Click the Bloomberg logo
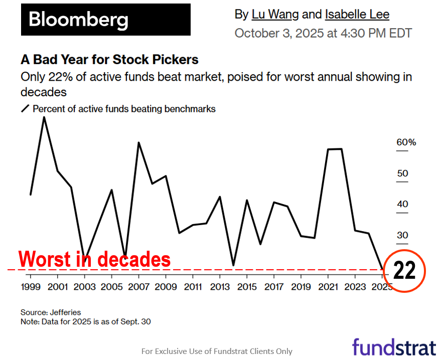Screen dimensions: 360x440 [105, 20]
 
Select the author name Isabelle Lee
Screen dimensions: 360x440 [357, 15]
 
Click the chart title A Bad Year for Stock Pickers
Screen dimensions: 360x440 [109, 60]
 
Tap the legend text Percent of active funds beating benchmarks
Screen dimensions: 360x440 [124, 109]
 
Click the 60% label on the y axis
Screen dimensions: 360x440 [406, 142]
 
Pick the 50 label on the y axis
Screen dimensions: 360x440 [402, 173]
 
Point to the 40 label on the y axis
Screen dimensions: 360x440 [402, 204]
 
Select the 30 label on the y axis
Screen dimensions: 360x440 [402, 235]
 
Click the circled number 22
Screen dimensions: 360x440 [404, 271]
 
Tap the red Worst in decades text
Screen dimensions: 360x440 [94, 260]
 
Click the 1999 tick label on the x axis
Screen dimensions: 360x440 [31, 287]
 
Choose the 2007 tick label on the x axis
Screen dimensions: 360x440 [138, 287]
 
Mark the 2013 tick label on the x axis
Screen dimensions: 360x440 [219, 287]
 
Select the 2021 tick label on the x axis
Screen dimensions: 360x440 [328, 287]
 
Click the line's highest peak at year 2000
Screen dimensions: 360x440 [44, 117]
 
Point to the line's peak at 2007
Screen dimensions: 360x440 [138, 143]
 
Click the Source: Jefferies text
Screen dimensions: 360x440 [51, 312]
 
